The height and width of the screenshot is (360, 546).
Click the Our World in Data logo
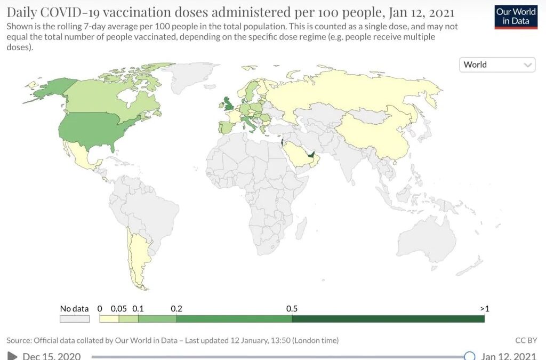tap(516, 17)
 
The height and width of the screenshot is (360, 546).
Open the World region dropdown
tap(497, 65)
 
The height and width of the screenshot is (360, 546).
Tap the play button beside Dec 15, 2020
tap(12, 356)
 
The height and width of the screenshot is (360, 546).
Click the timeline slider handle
tap(469, 356)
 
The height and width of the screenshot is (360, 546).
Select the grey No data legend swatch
tap(74, 318)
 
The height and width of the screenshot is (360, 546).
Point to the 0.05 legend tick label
tap(118, 309)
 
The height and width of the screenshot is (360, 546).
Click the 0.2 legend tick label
tap(176, 309)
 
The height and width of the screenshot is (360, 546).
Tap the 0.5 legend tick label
tap(292, 309)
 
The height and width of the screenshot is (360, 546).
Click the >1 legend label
tap(484, 309)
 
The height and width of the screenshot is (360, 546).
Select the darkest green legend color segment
tap(388, 318)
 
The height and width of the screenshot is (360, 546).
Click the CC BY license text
tap(526, 340)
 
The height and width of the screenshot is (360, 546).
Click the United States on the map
tap(101, 131)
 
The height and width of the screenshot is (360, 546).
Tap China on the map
tap(373, 133)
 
